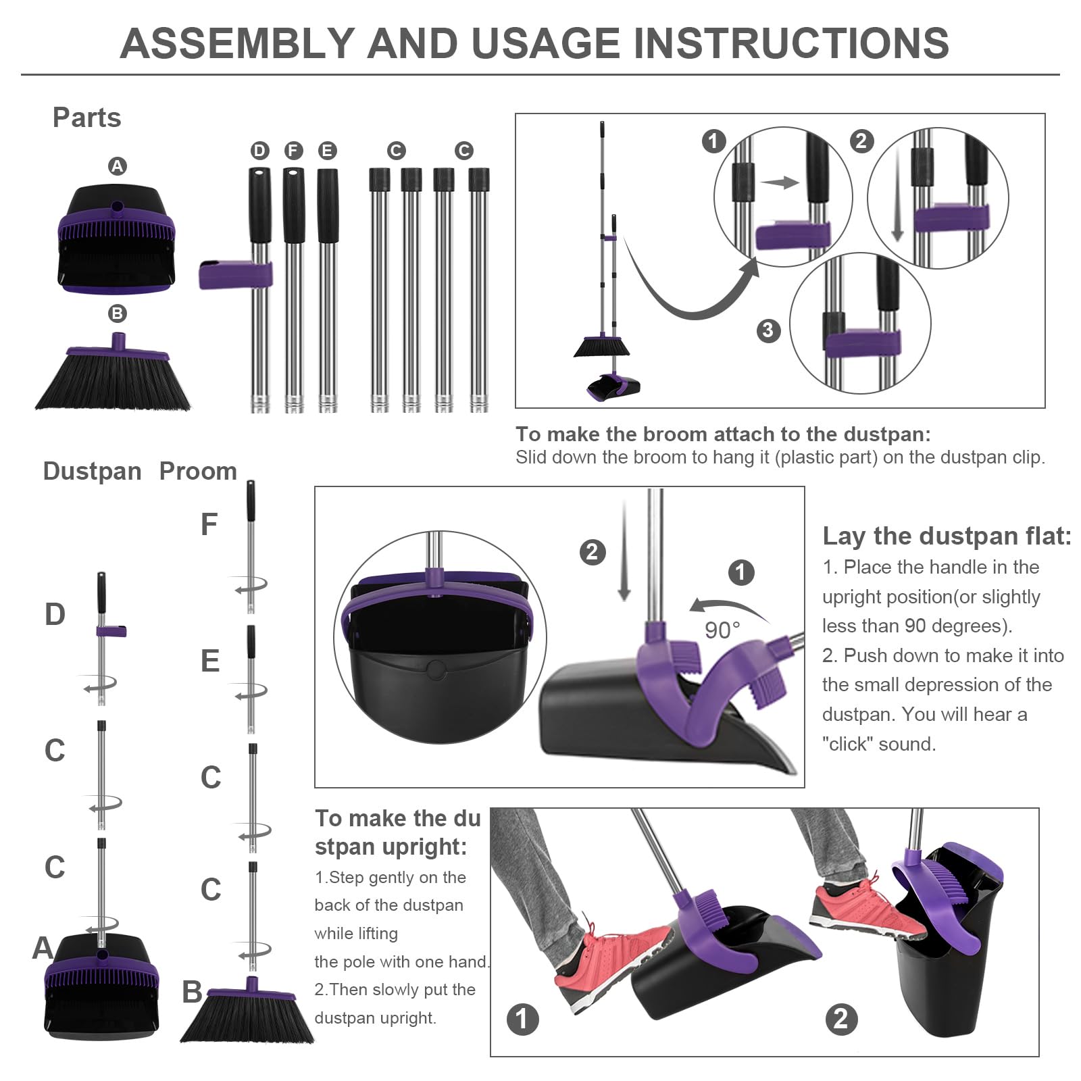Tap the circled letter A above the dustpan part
tap(118, 166)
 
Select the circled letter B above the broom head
tap(118, 313)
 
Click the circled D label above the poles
tap(259, 151)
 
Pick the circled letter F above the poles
tap(293, 151)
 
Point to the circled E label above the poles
tap(327, 151)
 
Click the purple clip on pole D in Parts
tap(235, 275)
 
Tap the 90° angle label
tap(722, 630)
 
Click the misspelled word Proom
tap(198, 471)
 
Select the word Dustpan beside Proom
tap(92, 471)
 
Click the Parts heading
tap(87, 118)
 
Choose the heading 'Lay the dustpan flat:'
tap(947, 536)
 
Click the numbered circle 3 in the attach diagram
tap(768, 330)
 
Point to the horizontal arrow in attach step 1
tap(780, 182)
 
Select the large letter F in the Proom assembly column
tap(209, 524)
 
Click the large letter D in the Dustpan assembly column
tap(55, 614)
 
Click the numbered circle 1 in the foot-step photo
tap(522, 1018)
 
